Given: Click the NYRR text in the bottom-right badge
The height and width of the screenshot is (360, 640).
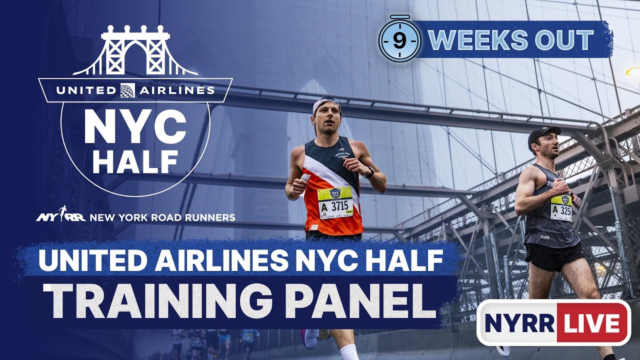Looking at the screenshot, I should pos(519,323).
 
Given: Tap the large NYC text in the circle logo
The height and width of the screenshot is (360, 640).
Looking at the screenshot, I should pos(135,127).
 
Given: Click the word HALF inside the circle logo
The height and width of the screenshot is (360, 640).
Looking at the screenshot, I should pos(135,160).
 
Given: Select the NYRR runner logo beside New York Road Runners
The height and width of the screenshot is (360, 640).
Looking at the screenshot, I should pos(61,216).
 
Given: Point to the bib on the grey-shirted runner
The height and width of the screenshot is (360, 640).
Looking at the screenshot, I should pos(561,208).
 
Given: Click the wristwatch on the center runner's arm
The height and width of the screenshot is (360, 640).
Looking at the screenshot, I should pos(369,172).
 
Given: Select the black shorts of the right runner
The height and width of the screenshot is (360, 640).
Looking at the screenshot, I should pos(554,256).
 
